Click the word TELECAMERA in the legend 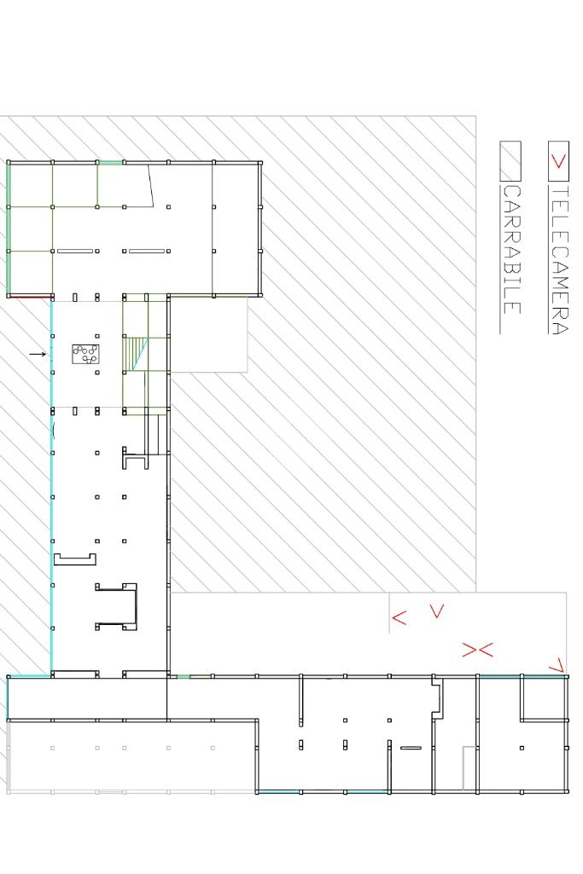point(560,260)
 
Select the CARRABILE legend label point(511,250)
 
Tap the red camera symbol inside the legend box point(558,162)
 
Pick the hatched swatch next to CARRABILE point(510,161)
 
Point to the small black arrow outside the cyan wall point(38,354)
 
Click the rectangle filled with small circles point(85,354)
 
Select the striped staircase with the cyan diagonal point(136,353)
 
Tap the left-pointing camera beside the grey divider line point(399,617)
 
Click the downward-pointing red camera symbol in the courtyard point(437,611)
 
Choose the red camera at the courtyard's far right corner point(557,665)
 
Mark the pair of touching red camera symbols point(477,650)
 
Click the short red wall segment point(30,297)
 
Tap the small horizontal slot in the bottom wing point(411,748)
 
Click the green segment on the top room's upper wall point(110,162)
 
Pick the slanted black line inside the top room point(150,186)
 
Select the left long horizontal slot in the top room point(75,251)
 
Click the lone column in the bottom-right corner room point(522,748)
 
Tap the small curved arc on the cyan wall point(53,431)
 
